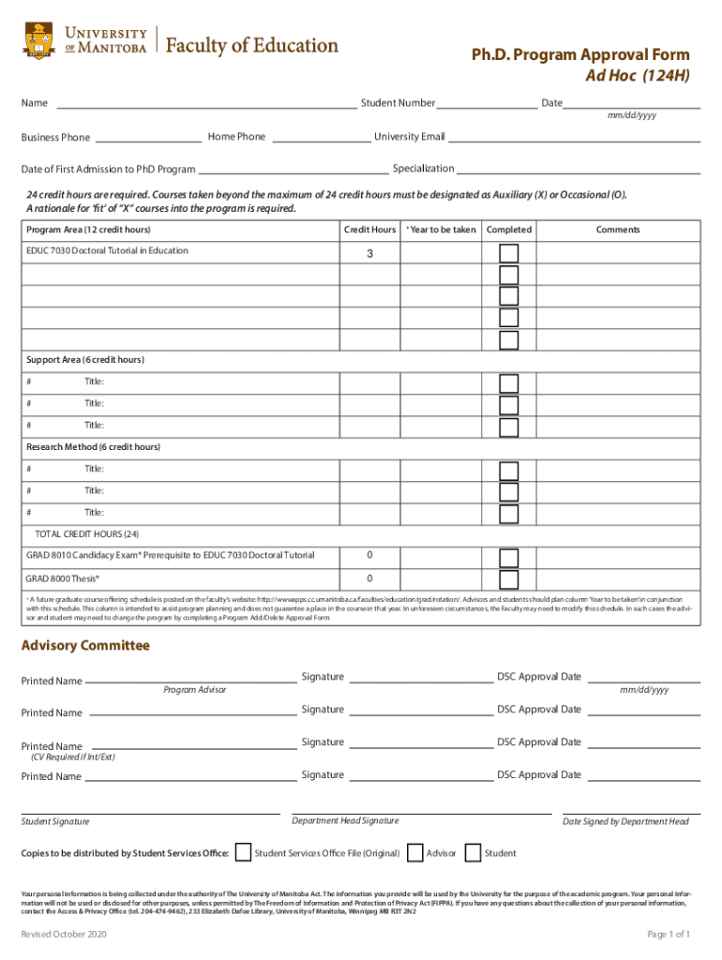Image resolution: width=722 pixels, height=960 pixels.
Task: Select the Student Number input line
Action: tap(487, 105)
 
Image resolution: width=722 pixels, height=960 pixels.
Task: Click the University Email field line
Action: tap(574, 140)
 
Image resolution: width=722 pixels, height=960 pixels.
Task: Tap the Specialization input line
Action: tap(578, 172)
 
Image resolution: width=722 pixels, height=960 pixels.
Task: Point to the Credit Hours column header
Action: tap(369, 230)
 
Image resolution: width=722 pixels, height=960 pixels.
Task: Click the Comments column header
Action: tap(618, 230)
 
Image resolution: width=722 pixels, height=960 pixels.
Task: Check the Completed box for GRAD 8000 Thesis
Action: tap(508, 580)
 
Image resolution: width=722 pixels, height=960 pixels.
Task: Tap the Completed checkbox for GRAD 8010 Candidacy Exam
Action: tap(508, 558)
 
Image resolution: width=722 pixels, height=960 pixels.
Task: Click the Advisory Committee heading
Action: tap(85, 646)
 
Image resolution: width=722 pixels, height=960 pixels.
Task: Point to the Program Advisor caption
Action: tap(194, 690)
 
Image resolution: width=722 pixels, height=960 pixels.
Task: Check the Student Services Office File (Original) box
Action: tap(243, 852)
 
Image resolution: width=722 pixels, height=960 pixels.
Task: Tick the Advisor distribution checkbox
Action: tap(415, 852)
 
